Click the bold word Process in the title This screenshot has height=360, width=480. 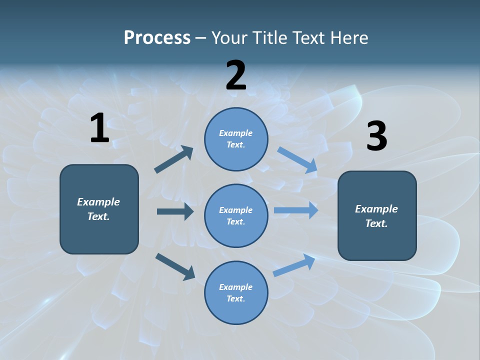point(157,38)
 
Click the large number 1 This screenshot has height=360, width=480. point(99,128)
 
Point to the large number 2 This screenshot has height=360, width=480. point(236,75)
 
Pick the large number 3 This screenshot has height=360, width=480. point(376,136)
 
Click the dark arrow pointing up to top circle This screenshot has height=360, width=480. point(174,159)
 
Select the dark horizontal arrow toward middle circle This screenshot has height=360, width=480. point(175,211)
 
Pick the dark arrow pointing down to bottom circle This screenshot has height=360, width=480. point(175,266)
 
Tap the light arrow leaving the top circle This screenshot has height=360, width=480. point(297,159)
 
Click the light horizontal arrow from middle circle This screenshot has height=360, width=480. point(296,210)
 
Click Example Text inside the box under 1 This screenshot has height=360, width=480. point(98,209)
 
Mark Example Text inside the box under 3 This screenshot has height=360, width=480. point(376,216)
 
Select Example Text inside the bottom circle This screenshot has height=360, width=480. point(235,292)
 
